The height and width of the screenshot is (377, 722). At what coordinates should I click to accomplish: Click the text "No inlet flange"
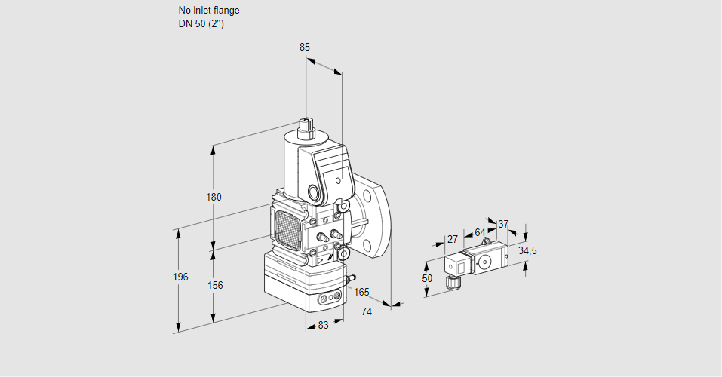209,11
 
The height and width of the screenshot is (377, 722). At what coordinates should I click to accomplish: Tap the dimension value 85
305,47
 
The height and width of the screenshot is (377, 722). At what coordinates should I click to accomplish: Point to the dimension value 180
214,198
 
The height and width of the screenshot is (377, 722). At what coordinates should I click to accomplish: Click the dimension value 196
180,277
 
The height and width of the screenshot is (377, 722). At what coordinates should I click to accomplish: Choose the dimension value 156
215,285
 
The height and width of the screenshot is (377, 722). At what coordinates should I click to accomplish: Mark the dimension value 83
323,325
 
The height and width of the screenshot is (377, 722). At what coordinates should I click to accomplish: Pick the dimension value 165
362,293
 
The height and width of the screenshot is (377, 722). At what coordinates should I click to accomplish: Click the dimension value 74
367,311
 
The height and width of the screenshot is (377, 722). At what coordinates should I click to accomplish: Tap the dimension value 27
453,239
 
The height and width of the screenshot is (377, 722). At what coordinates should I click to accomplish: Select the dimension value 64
481,232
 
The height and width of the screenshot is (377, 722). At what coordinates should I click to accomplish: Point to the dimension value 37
504,224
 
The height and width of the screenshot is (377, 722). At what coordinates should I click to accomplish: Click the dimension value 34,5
528,250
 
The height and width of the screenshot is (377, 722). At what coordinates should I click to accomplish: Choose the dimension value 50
427,278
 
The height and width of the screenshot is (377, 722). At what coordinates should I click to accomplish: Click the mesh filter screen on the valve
287,226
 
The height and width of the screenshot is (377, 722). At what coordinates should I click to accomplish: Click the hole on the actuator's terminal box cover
339,182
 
